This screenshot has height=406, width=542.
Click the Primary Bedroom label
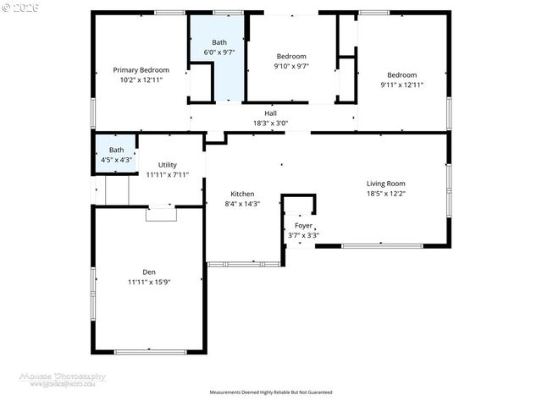(141, 70)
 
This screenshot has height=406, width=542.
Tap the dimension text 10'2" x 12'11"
(141, 80)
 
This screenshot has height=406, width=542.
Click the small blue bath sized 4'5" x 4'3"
(115, 155)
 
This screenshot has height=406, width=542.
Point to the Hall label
(270, 113)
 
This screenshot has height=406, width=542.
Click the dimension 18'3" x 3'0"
(270, 123)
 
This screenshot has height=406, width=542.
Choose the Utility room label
(167, 165)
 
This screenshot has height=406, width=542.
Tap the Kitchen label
(242, 194)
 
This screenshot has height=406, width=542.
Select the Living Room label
(385, 184)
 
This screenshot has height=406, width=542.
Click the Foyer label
(303, 226)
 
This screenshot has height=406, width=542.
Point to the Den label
(148, 272)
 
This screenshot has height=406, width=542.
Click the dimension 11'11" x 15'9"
(148, 281)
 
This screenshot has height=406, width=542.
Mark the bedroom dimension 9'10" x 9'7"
(290, 66)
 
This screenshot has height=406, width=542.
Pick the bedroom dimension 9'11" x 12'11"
(402, 85)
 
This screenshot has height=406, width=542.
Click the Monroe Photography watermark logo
(63, 378)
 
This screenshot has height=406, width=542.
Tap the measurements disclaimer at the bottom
(270, 392)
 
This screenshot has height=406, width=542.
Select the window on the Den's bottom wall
(150, 351)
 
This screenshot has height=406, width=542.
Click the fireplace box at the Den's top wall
(160, 214)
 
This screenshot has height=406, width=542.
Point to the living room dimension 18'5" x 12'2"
(385, 194)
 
